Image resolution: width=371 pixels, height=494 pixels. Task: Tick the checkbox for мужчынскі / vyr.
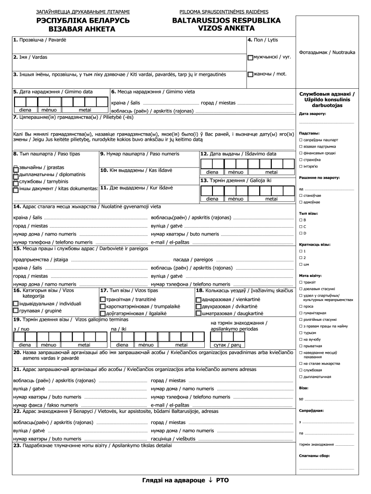[x=250, y=57]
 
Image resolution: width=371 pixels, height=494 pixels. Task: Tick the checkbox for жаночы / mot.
[x=250, y=74]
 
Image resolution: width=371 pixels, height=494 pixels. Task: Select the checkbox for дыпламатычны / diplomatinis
[x=16, y=176]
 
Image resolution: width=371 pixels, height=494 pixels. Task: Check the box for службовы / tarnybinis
[x=16, y=183]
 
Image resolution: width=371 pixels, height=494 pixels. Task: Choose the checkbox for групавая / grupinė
[x=16, y=311]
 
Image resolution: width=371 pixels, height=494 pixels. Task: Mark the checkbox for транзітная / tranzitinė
[x=103, y=300]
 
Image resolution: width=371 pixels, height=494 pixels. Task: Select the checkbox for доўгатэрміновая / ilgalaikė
[x=103, y=314]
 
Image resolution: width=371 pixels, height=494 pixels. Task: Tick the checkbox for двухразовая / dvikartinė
[x=198, y=307]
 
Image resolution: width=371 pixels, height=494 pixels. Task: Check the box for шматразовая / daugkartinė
[x=198, y=314]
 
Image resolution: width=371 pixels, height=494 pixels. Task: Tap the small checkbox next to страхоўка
[x=301, y=160]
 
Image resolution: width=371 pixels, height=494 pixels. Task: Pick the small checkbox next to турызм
[x=301, y=333]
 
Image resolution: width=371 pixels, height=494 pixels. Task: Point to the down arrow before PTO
[x=211, y=480]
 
